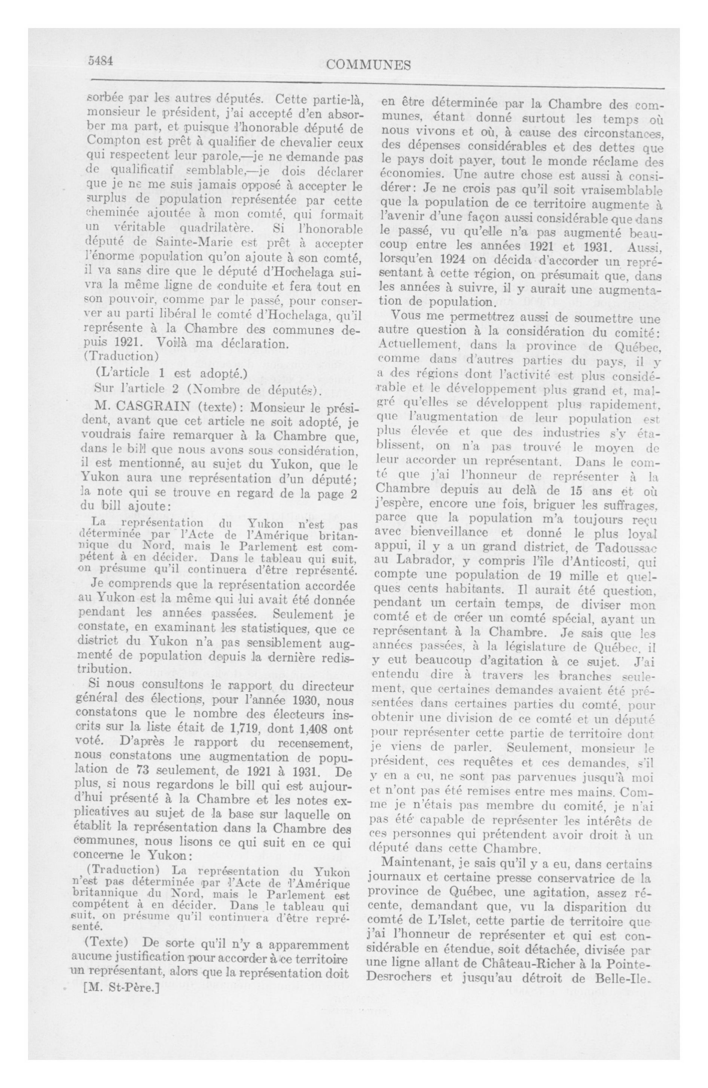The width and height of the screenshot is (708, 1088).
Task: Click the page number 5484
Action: pos(100,61)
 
